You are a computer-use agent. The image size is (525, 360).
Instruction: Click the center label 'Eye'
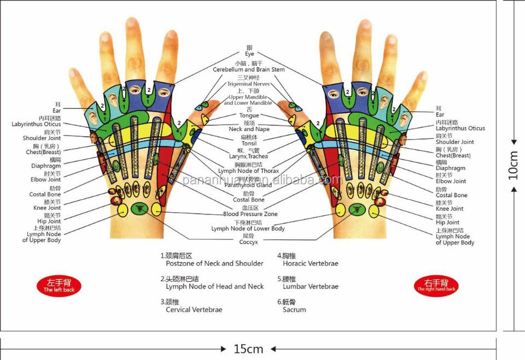point(249,54)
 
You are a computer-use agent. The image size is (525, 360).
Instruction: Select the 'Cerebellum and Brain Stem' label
point(249,70)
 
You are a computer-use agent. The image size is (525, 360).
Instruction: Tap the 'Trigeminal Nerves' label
point(248,84)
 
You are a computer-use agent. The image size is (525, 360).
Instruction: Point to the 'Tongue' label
point(249,115)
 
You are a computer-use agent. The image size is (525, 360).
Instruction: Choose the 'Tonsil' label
point(249,143)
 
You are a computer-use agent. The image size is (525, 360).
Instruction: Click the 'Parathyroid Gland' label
point(248,185)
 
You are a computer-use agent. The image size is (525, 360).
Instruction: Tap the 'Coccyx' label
point(248,242)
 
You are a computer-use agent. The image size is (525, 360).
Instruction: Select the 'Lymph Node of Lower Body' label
point(248,229)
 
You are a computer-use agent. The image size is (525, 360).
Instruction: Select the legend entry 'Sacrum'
point(294,310)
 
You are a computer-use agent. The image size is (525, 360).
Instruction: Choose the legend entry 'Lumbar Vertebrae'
point(310,286)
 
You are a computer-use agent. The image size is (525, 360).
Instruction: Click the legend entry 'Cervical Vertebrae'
point(194,310)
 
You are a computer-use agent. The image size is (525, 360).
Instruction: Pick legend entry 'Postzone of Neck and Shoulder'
point(214,263)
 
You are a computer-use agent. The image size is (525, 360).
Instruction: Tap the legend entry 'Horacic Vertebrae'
point(310,263)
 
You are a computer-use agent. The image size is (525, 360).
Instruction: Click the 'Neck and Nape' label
point(249,130)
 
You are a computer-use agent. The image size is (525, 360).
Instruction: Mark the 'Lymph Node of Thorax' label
point(249,171)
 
